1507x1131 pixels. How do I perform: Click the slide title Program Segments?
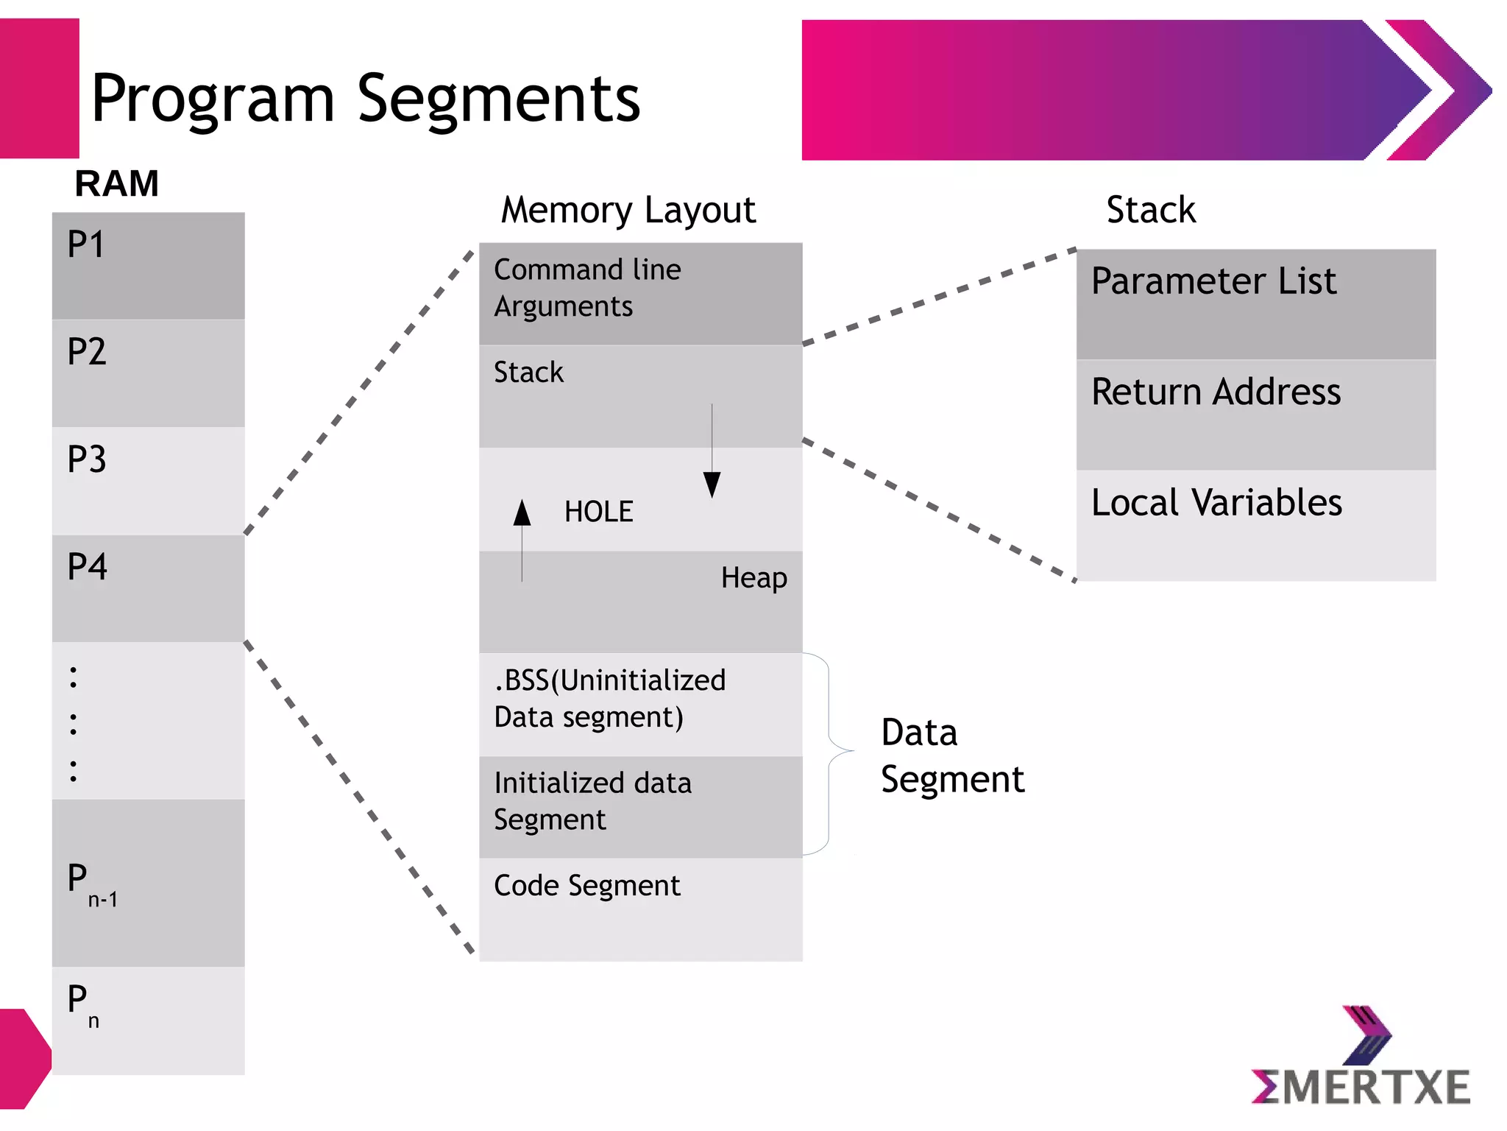(366, 99)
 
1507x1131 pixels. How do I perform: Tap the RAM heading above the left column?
(117, 183)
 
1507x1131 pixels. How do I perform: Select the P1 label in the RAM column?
(86, 244)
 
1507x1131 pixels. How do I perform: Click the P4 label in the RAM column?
(87, 567)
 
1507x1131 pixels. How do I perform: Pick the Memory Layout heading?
(628, 211)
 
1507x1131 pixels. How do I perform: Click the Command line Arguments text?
(586, 288)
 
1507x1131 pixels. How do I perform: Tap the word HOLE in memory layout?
(598, 512)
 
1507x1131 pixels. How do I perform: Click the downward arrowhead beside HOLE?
(712, 485)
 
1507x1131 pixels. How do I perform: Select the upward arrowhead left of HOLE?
(522, 512)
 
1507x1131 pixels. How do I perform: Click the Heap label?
(753, 578)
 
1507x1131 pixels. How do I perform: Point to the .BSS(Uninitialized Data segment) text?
(609, 698)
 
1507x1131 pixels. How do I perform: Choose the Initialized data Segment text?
(592, 801)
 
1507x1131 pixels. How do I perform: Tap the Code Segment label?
(586, 886)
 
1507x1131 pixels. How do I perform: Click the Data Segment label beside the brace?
(951, 756)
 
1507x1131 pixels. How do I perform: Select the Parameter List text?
(1213, 281)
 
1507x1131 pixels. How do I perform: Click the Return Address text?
(1216, 392)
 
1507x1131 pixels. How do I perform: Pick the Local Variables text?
(1216, 503)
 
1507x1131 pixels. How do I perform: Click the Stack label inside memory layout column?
(528, 373)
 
